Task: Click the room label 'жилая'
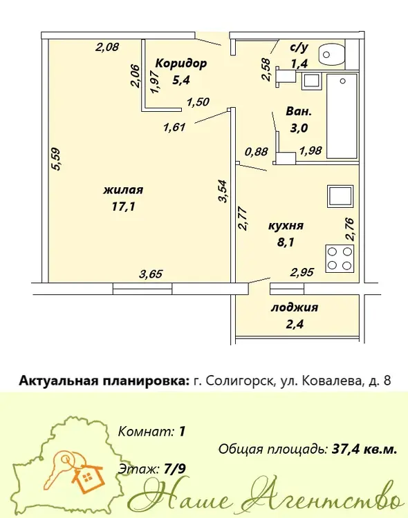click(123, 191)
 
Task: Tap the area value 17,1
click(123, 207)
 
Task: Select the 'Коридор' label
click(181, 63)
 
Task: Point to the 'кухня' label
click(286, 226)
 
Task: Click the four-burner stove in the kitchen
click(340, 259)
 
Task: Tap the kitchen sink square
click(340, 196)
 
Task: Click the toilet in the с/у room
click(331, 54)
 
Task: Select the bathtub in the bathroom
click(342, 116)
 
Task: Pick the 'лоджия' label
click(295, 307)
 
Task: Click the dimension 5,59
click(57, 159)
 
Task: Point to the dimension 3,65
click(151, 274)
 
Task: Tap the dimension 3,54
click(223, 191)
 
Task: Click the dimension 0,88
click(256, 152)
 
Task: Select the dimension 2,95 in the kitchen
click(302, 273)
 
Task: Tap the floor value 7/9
click(175, 469)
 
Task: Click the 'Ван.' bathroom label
click(299, 112)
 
